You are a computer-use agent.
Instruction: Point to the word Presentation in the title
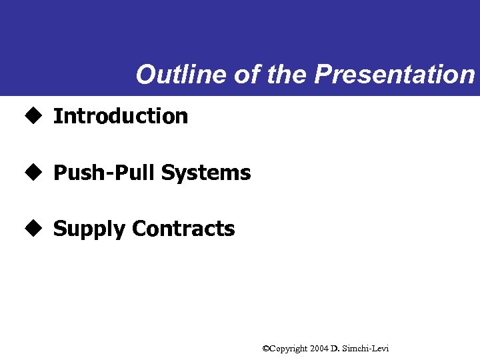(x=394, y=75)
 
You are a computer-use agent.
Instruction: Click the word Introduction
(x=121, y=116)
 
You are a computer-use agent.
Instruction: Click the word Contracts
(x=183, y=229)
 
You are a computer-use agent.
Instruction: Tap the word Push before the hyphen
(x=76, y=173)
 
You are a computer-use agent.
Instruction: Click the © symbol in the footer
(x=265, y=349)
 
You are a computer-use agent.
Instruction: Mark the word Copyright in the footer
(x=288, y=349)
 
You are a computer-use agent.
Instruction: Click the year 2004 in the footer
(x=319, y=349)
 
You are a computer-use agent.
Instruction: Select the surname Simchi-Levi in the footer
(x=365, y=349)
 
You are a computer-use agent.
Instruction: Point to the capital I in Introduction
(x=57, y=116)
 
